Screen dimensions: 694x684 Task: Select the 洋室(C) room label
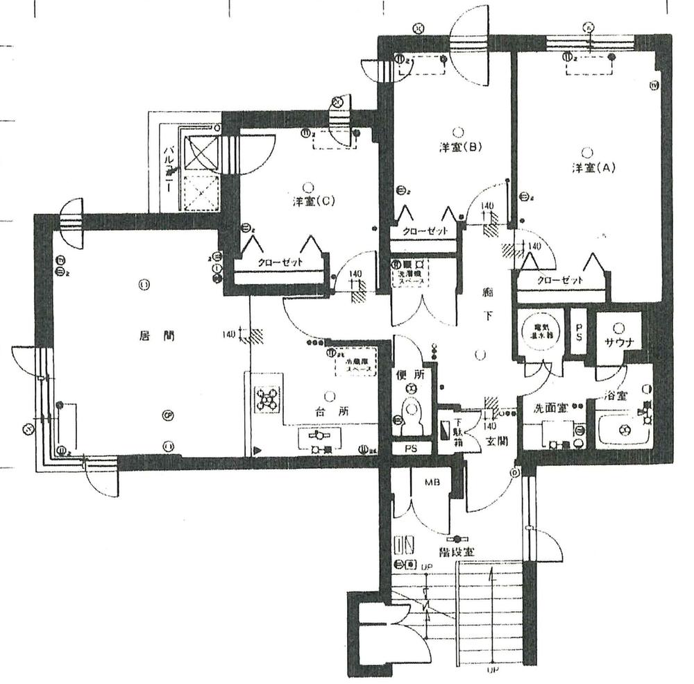tap(314, 202)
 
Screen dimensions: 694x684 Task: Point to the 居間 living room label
tap(147, 336)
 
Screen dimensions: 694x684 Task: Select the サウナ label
tap(617, 342)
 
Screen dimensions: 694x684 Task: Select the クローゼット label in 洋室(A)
tap(559, 280)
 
